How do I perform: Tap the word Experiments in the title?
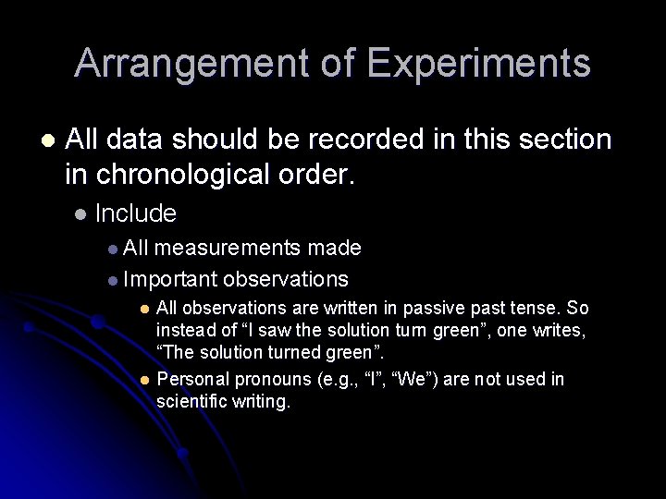click(478, 64)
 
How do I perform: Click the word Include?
click(135, 213)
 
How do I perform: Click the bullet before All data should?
click(48, 140)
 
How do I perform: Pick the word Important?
click(170, 278)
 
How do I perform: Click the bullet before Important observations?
click(112, 279)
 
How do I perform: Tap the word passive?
click(401, 307)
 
